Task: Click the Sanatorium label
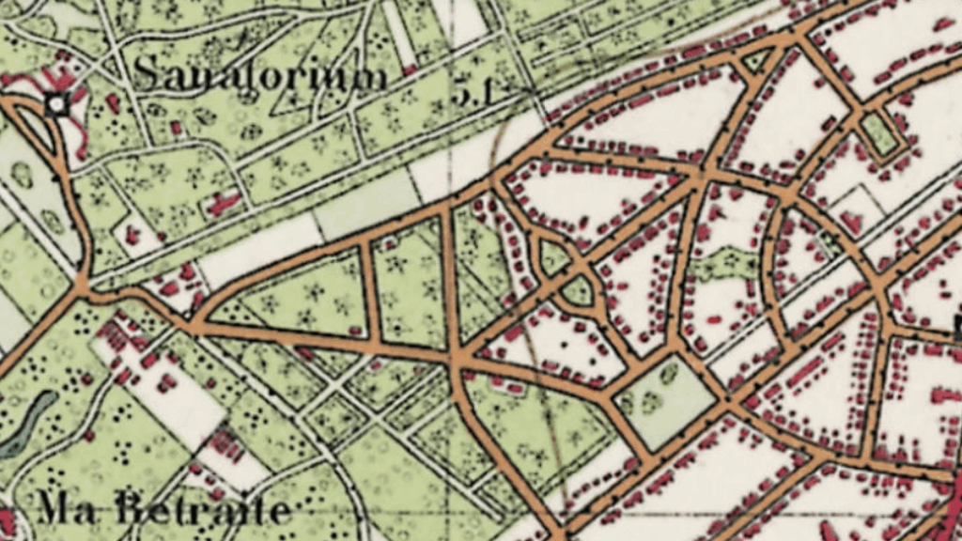pyautogui.click(x=260, y=74)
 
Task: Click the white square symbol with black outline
pyautogui.click(x=58, y=104)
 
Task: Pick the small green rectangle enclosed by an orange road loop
pyautogui.click(x=880, y=133)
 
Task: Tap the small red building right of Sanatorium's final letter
pyautogui.click(x=409, y=70)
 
